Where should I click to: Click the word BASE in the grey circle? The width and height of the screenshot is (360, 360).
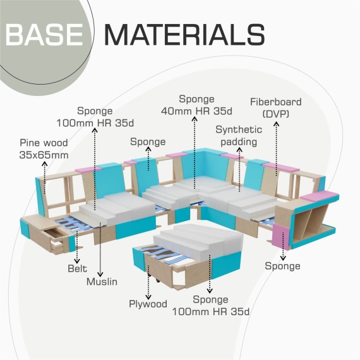pyautogui.click(x=44, y=35)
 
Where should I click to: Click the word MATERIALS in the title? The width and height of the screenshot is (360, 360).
pyautogui.click(x=185, y=35)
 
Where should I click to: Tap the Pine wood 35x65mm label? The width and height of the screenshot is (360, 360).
pyautogui.click(x=44, y=149)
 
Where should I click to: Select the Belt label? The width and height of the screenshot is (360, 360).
pyautogui.click(x=78, y=268)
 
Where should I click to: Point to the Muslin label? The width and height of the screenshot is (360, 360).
pyautogui.click(x=102, y=282)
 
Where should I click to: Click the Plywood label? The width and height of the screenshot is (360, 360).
pyautogui.click(x=148, y=304)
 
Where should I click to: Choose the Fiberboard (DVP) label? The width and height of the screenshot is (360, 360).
pyautogui.click(x=276, y=107)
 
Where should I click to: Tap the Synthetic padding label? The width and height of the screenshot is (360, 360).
pyautogui.click(x=239, y=136)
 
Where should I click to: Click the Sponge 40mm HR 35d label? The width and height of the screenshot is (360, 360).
pyautogui.click(x=196, y=105)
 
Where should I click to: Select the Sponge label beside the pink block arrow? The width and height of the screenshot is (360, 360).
pyautogui.click(x=282, y=266)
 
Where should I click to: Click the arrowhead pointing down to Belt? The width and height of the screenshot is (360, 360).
pyautogui.click(x=77, y=261)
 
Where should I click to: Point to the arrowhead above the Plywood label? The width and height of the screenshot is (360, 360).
pyautogui.click(x=148, y=297)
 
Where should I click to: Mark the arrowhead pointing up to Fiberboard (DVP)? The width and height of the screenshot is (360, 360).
pyautogui.click(x=276, y=124)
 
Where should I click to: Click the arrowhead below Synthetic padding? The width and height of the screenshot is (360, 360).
pyautogui.click(x=239, y=150)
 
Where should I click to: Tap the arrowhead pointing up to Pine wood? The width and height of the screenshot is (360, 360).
pyautogui.click(x=45, y=164)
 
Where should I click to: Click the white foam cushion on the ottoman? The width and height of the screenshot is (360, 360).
pyautogui.click(x=198, y=241)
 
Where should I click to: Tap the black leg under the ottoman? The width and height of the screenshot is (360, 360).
pyautogui.click(x=158, y=280)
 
